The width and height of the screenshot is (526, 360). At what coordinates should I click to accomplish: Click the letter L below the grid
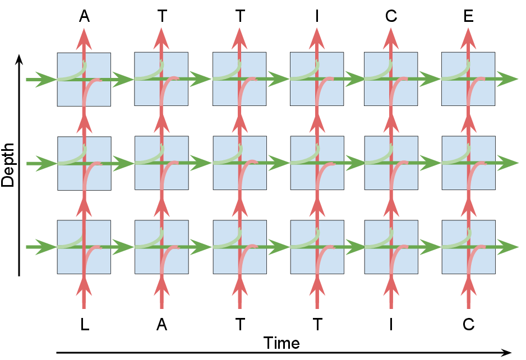tap(84, 325)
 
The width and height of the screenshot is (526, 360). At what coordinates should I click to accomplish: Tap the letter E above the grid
tap(469, 16)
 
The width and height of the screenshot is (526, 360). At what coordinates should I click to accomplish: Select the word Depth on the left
tap(8, 164)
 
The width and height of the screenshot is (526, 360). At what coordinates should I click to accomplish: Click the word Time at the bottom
tap(282, 343)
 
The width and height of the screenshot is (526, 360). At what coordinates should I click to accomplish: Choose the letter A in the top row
tap(84, 16)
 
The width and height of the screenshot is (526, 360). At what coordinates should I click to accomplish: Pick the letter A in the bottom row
tap(162, 325)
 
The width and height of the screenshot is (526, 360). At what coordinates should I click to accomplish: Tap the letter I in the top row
tap(317, 16)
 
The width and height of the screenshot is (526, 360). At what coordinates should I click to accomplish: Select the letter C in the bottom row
tap(469, 325)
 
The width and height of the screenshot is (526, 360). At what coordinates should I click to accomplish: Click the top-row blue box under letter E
tap(468, 79)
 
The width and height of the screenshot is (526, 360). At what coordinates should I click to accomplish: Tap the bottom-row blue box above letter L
tap(84, 247)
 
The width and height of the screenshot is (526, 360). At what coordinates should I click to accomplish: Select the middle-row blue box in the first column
tap(84, 163)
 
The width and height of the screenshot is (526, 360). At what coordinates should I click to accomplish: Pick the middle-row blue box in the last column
tap(468, 163)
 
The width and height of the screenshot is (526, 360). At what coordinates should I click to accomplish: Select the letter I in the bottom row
tap(391, 325)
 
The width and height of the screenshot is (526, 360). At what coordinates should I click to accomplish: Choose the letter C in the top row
tap(391, 16)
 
